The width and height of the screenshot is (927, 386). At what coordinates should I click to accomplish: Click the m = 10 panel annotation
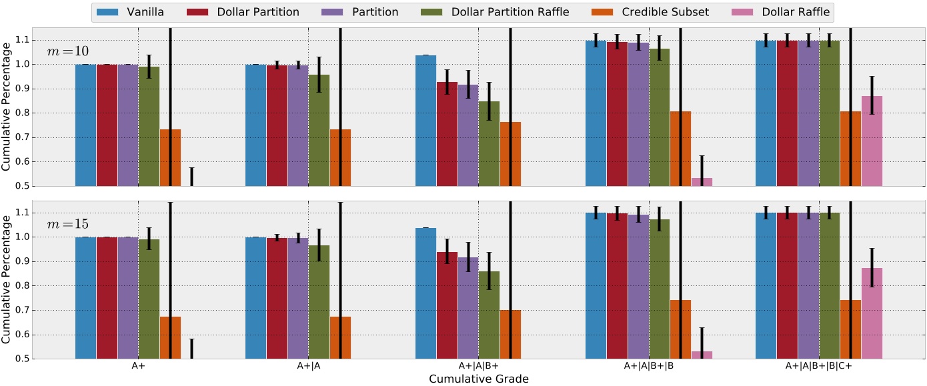pos(67,52)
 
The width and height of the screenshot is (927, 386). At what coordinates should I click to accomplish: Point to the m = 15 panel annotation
pos(67,224)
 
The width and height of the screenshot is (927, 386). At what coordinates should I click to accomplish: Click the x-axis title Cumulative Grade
pos(478,379)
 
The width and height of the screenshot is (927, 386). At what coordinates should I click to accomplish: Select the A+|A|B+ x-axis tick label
pos(478,366)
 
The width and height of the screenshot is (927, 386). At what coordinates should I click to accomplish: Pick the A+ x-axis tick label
pos(138,366)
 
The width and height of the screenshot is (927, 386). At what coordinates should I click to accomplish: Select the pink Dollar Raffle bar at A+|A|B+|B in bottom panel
pos(702,355)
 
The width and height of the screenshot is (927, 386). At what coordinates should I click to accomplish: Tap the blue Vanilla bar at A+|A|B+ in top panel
pos(425,121)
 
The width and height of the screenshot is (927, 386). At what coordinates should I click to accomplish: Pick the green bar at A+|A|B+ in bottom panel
pos(489,315)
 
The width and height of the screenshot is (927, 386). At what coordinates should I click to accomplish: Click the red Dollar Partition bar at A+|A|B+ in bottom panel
pos(447,305)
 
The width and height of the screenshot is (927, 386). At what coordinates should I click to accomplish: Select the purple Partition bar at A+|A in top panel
pos(297,125)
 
